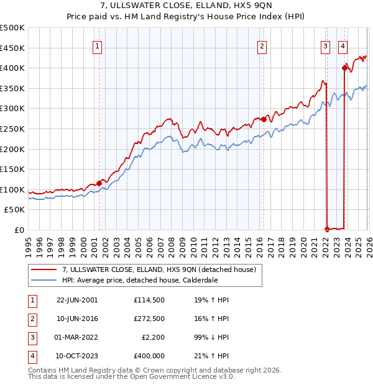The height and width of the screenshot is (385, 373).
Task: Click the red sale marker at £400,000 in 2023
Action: (x=344, y=68)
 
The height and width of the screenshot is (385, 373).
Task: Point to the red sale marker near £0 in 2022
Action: (x=327, y=229)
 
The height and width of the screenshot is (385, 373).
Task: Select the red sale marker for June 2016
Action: (x=264, y=119)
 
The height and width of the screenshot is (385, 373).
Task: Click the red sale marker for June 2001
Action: (x=99, y=183)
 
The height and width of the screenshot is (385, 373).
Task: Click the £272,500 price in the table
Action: (x=149, y=319)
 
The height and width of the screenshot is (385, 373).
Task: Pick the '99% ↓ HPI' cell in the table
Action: (x=211, y=337)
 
